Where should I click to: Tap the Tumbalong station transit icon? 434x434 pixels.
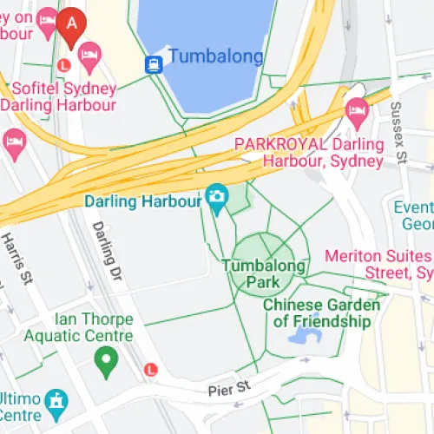[154, 63]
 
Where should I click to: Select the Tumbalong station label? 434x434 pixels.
[215, 57]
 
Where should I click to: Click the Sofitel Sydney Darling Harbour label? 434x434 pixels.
[58, 97]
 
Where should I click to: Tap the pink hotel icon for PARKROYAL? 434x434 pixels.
[356, 110]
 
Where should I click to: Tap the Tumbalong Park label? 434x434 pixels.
[264, 273]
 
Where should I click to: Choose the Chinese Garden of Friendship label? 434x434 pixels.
[321, 313]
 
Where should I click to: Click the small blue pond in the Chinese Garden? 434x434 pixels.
[308, 334]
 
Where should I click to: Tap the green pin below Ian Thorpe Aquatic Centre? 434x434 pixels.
[106, 362]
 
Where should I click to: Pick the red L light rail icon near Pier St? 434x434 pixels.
[153, 369]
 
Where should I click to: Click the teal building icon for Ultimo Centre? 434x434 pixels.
[56, 400]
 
